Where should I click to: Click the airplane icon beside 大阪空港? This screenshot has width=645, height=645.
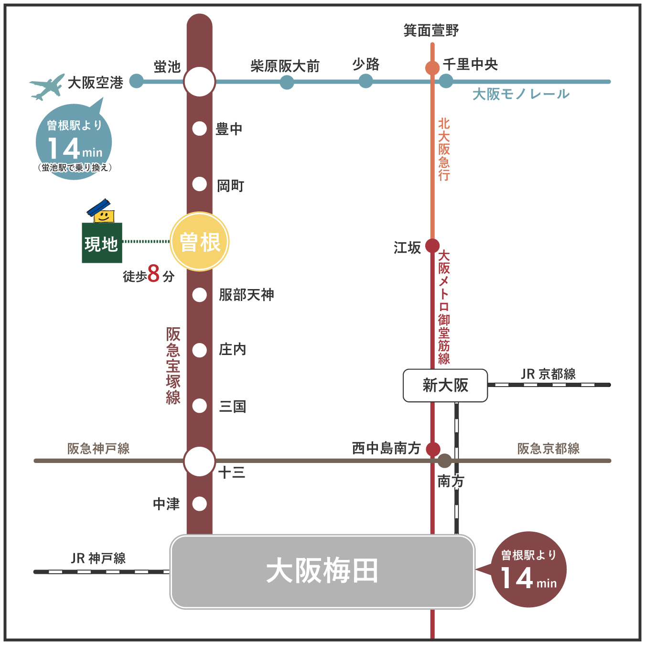[47, 86]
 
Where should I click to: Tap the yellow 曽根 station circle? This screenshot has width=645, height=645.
[200, 242]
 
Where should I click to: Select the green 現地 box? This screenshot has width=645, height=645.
[102, 243]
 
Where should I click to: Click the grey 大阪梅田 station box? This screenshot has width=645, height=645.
[322, 571]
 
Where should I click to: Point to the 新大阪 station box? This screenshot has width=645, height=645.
[445, 385]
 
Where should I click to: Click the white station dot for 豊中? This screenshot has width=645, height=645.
[199, 129]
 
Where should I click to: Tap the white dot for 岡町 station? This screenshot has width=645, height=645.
[199, 184]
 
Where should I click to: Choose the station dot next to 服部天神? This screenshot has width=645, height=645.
[199, 295]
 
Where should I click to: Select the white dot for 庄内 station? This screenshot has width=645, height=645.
[199, 350]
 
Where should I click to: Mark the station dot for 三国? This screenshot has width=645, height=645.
[199, 406]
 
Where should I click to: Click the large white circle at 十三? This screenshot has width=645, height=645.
[199, 462]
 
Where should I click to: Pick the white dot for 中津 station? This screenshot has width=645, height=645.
[199, 504]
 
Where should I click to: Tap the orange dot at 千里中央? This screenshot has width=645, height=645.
[432, 68]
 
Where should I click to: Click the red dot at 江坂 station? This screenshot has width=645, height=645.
[432, 246]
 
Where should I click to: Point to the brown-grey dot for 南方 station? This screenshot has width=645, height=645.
[444, 461]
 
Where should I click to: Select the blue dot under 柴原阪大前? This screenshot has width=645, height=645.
[287, 82]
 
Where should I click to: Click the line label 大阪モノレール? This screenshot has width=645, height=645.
[521, 94]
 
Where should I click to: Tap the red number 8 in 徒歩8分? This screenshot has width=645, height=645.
[153, 274]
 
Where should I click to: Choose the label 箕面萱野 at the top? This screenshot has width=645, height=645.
[431, 31]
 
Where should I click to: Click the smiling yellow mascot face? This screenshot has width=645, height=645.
[104, 216]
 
